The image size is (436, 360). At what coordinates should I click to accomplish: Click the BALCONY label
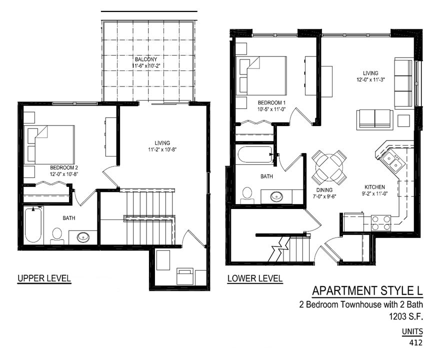click(146, 59)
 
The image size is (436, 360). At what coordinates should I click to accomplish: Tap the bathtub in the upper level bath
click(33, 224)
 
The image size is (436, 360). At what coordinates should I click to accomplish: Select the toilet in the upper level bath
click(57, 236)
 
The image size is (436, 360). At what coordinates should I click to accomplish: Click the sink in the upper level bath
click(83, 237)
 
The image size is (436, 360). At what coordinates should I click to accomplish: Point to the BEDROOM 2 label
click(63, 167)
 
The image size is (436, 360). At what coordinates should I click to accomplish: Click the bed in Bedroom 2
click(49, 144)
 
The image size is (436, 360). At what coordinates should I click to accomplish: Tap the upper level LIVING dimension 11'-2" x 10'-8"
click(162, 149)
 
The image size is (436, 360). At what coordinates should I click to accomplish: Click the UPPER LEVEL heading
click(44, 278)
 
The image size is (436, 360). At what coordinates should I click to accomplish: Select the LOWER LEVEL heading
click(255, 278)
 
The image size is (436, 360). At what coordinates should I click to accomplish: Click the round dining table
click(329, 167)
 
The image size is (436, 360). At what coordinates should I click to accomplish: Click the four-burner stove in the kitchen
click(381, 223)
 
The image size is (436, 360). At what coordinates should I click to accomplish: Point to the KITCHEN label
click(374, 187)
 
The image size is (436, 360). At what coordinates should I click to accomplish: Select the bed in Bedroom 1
click(261, 75)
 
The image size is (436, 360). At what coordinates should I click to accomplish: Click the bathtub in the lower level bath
click(255, 154)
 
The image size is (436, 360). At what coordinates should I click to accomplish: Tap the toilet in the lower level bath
click(247, 196)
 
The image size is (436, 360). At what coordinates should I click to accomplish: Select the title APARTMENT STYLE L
click(367, 290)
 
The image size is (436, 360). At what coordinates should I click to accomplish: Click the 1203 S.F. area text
click(405, 316)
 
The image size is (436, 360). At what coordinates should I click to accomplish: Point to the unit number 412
click(415, 343)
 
